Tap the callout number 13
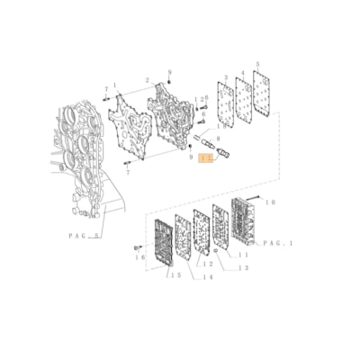coord(241,269)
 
